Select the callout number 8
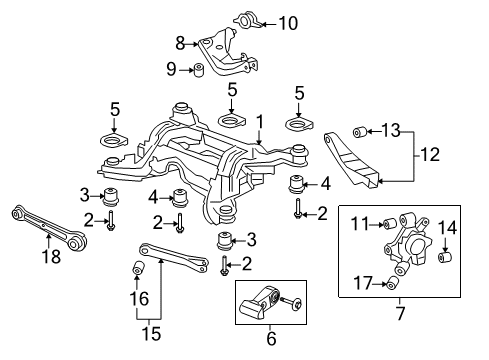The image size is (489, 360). coord(180,42)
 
